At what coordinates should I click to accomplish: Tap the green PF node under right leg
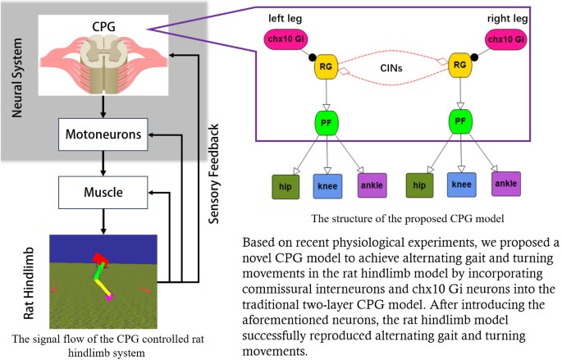(462, 123)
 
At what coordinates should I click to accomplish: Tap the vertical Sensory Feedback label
(214, 173)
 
